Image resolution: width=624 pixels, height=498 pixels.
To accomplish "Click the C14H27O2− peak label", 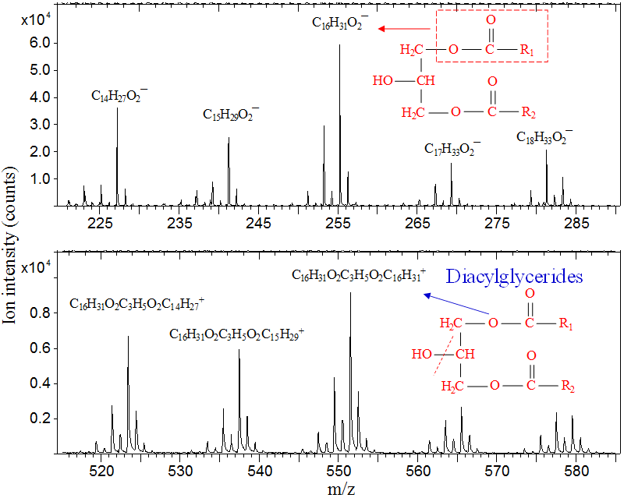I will [x=119, y=96].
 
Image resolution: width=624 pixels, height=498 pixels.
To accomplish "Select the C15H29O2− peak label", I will [x=231, y=115].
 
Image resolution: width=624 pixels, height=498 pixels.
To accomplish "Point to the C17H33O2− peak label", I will [x=452, y=148].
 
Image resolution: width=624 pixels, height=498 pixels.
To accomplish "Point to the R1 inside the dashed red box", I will [x=527, y=51].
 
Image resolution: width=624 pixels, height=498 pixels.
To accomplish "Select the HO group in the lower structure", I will [x=423, y=354].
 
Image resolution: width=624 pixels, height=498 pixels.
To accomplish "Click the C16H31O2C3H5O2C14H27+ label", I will [x=137, y=302].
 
